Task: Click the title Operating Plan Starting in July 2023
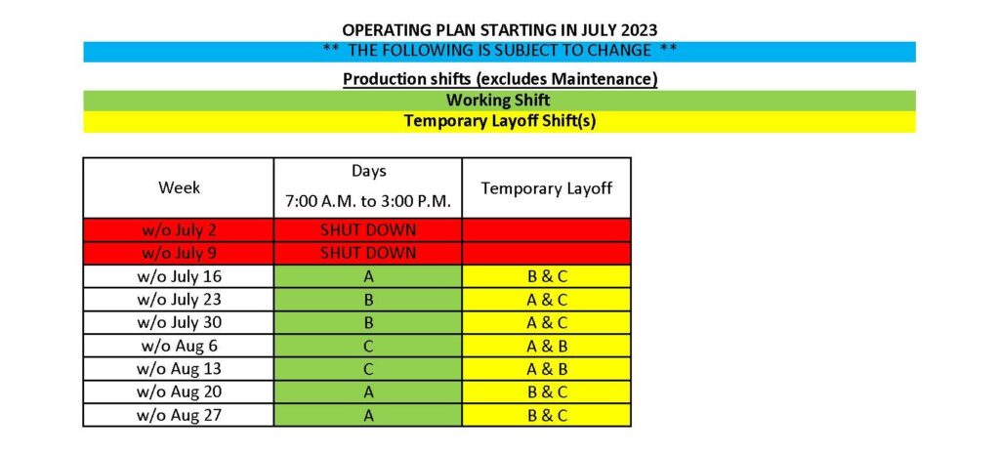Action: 499,30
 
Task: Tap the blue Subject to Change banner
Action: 499,52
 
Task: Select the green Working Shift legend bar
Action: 499,101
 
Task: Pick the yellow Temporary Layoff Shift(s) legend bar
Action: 499,122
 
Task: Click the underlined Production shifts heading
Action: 500,79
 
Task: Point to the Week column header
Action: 179,187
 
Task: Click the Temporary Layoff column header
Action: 547,188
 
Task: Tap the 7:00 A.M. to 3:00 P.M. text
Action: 368,203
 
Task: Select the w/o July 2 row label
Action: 179,230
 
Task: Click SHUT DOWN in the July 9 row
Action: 368,253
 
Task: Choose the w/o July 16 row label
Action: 179,276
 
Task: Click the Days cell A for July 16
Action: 368,276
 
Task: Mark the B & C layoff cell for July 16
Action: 547,276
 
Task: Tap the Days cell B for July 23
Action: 368,300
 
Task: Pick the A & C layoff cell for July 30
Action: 547,323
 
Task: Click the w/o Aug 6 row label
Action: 179,346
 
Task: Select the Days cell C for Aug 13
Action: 368,369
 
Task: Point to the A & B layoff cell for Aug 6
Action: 547,346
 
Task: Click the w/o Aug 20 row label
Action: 179,392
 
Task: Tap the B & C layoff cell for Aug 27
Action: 547,415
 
